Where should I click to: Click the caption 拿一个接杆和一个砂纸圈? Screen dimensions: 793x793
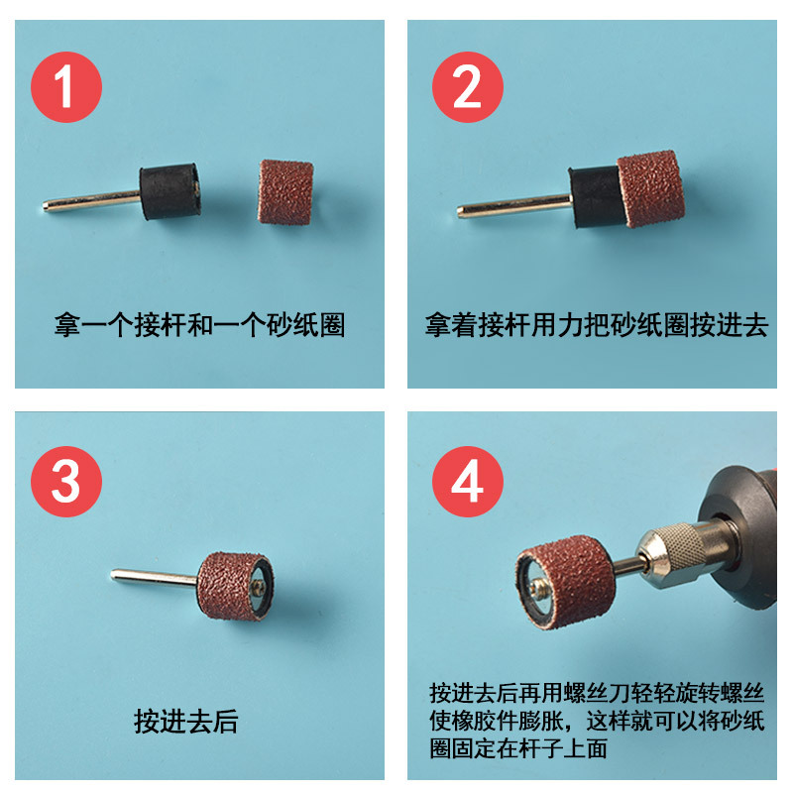pos(199,325)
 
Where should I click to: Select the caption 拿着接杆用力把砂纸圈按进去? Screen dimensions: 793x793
pos(597,325)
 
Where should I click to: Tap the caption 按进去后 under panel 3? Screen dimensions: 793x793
pos(186,722)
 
